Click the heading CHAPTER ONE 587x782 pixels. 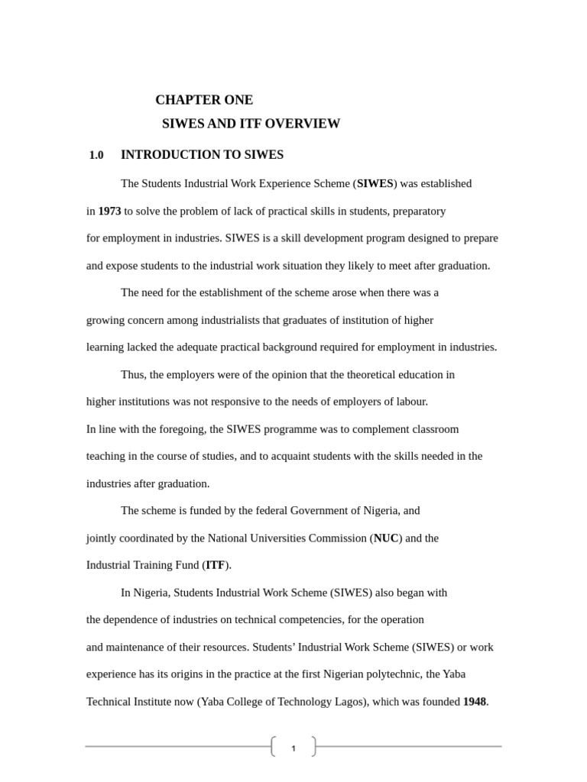(x=203, y=100)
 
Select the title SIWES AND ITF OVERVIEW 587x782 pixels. (x=251, y=124)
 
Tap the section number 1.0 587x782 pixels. (x=96, y=155)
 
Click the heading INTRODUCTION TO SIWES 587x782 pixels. (x=202, y=155)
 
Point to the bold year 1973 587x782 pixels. (x=109, y=211)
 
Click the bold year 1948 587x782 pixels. (x=474, y=702)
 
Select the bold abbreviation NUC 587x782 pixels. (x=385, y=538)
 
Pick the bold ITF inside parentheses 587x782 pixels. (x=215, y=566)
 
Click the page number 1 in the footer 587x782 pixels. (x=293, y=748)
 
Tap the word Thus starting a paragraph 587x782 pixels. (x=133, y=375)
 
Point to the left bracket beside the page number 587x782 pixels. (x=274, y=747)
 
